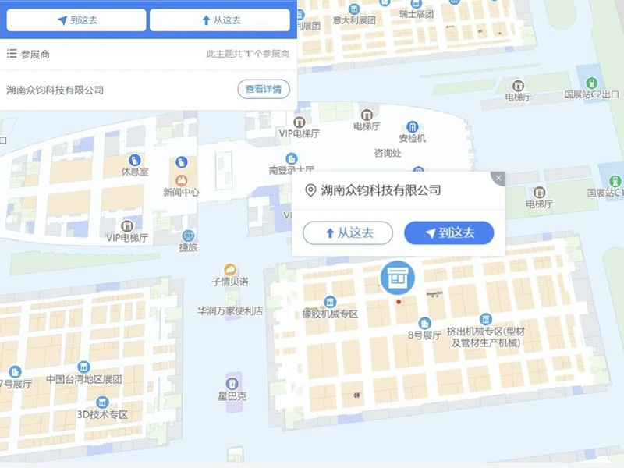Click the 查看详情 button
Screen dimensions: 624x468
(x=264, y=90)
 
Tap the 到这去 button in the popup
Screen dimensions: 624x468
(x=448, y=232)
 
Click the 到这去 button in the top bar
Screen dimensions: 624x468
(x=76, y=20)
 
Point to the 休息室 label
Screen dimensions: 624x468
(x=134, y=172)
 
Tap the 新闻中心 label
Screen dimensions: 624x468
(x=181, y=192)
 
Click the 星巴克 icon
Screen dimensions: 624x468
(x=232, y=383)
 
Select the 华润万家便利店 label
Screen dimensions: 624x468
(x=230, y=310)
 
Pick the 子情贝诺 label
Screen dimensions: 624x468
(x=230, y=282)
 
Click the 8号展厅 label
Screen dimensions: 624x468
(x=425, y=335)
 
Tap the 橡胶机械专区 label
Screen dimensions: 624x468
(x=329, y=314)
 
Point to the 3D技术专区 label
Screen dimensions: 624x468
(x=101, y=414)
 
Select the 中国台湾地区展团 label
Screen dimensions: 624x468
(x=83, y=379)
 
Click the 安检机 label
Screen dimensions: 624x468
(x=413, y=138)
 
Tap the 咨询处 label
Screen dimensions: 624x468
(x=388, y=153)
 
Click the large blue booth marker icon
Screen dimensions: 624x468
(x=398, y=276)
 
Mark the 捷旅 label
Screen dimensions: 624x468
(x=188, y=247)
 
